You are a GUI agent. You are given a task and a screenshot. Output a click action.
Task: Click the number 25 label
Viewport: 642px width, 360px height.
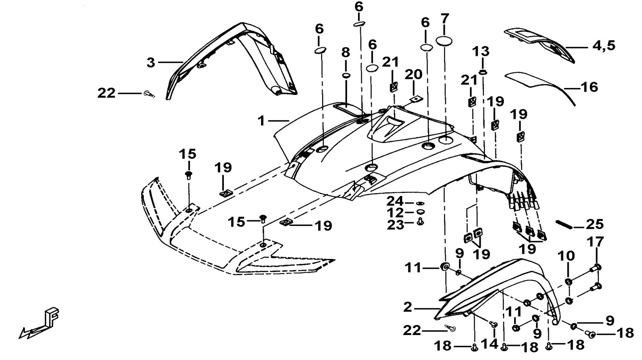click(595, 224)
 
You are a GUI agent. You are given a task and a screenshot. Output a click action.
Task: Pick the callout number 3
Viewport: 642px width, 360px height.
click(151, 62)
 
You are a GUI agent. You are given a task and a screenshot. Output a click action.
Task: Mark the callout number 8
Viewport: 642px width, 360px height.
click(346, 53)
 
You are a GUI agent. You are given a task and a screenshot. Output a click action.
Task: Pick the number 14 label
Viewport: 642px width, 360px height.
click(490, 344)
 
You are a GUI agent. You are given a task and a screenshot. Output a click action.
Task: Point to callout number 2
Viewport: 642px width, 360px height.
click(407, 307)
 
